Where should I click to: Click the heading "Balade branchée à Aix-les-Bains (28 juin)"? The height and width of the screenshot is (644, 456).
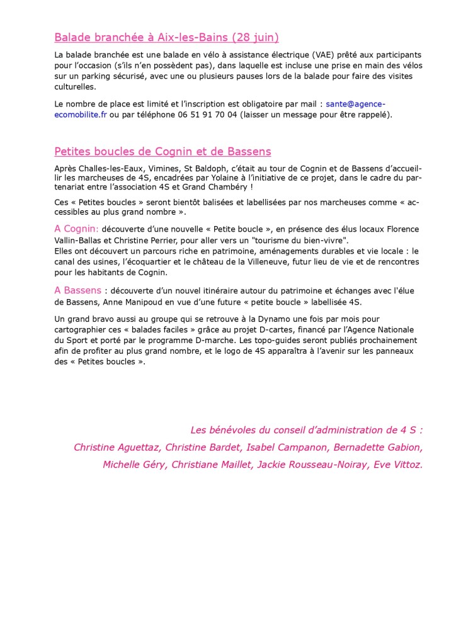pyautogui.click(x=166, y=37)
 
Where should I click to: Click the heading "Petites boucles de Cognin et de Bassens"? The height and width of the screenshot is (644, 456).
pyautogui.click(x=162, y=152)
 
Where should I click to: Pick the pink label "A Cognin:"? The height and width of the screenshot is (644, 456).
pyautogui.click(x=76, y=229)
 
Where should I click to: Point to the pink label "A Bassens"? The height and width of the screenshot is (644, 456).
pyautogui.click(x=77, y=290)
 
